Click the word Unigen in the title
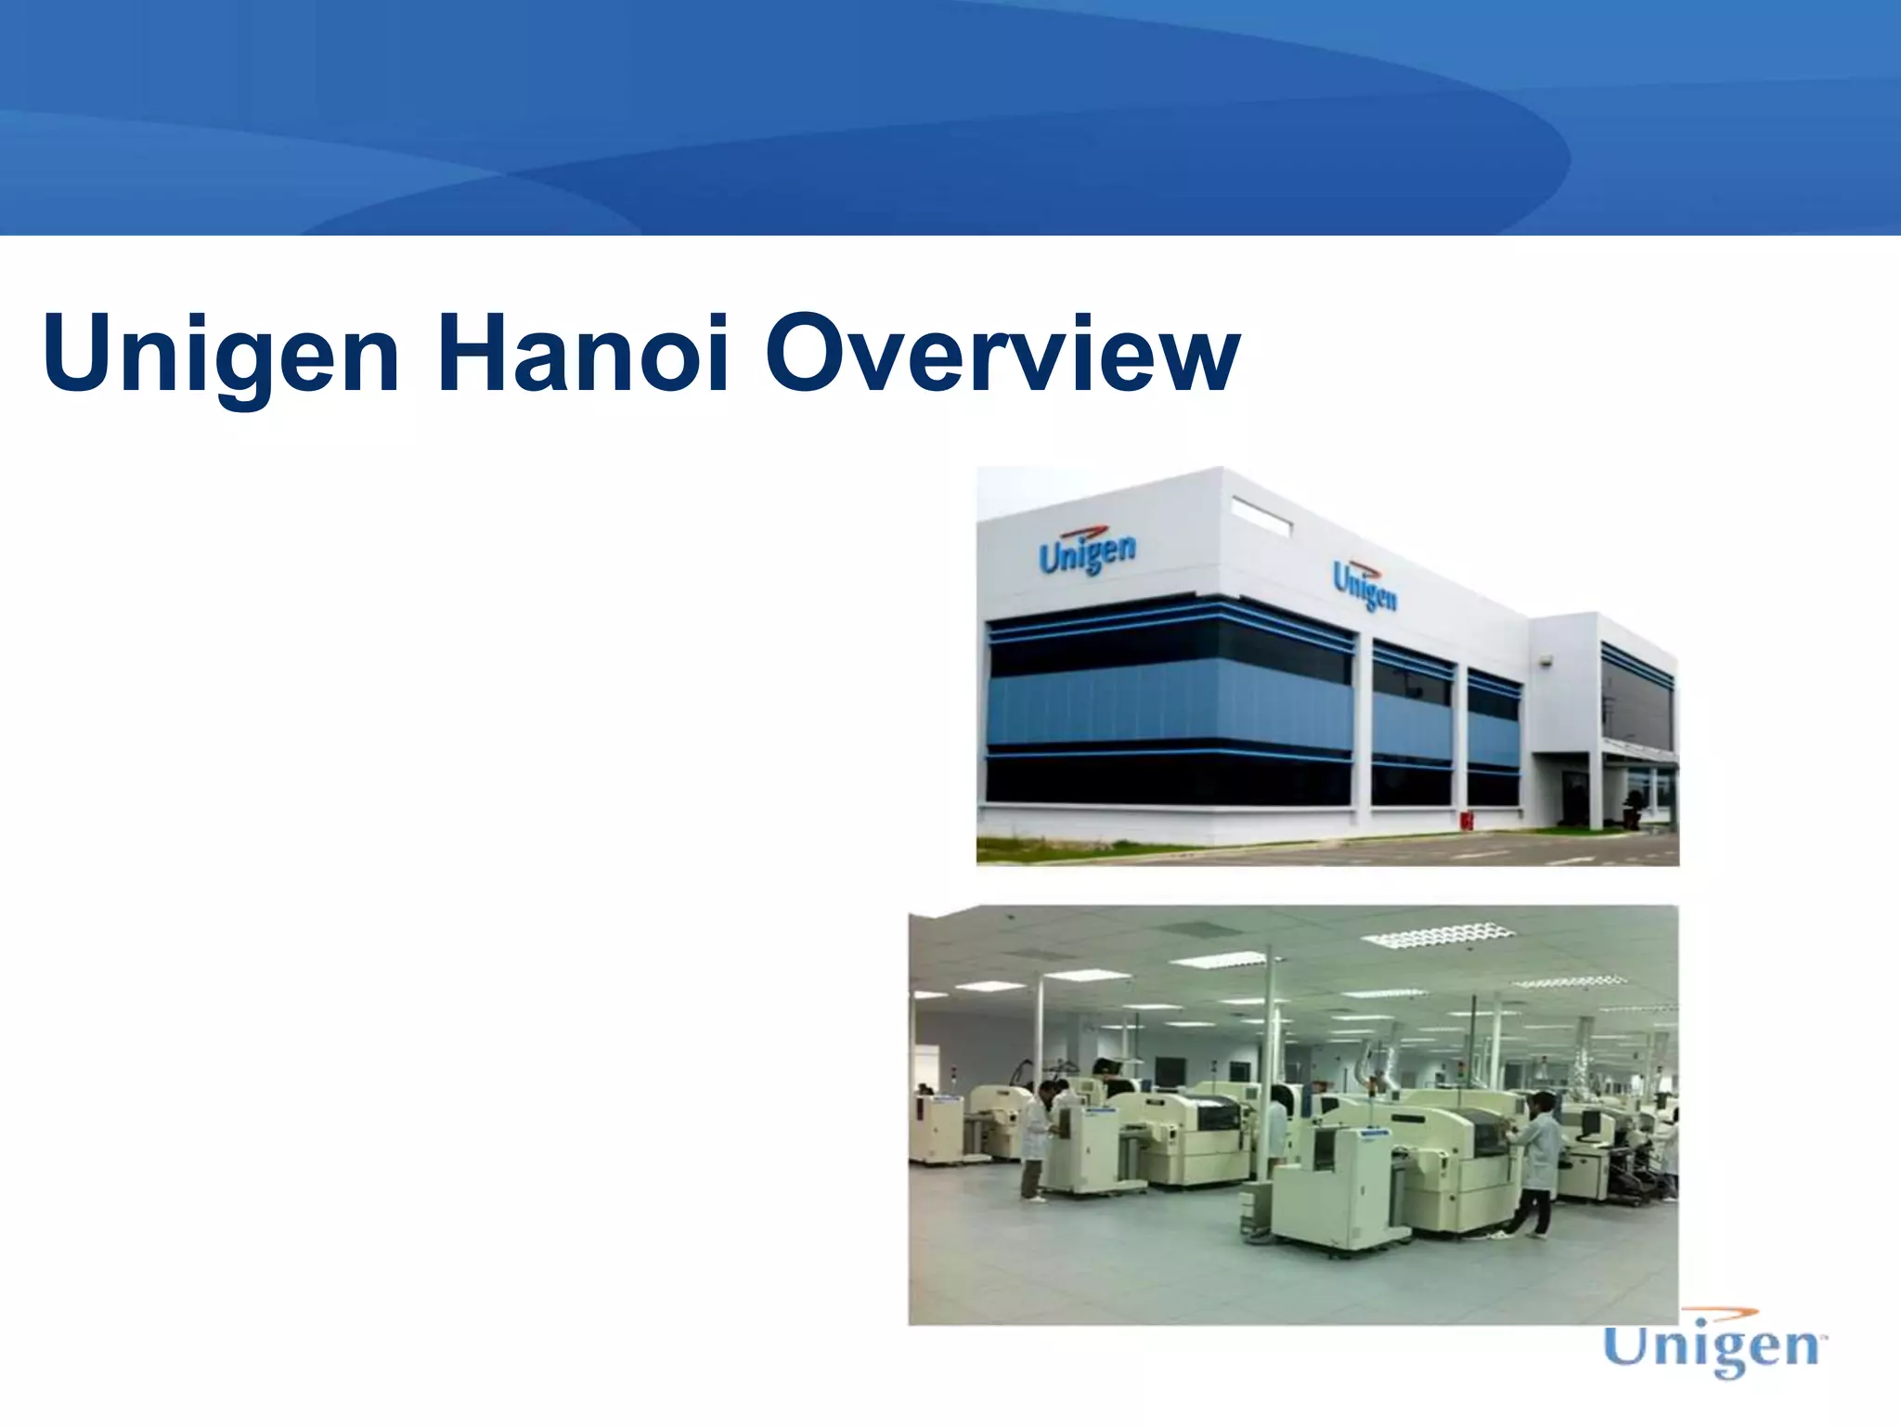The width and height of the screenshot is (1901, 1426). [x=221, y=356]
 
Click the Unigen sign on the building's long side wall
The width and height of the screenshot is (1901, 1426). [x=1364, y=585]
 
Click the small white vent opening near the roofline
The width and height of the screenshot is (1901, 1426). [x=1261, y=516]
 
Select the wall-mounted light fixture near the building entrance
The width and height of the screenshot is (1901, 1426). [x=1545, y=660]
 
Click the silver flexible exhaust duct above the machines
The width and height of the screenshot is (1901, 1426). [x=1374, y=1067]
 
